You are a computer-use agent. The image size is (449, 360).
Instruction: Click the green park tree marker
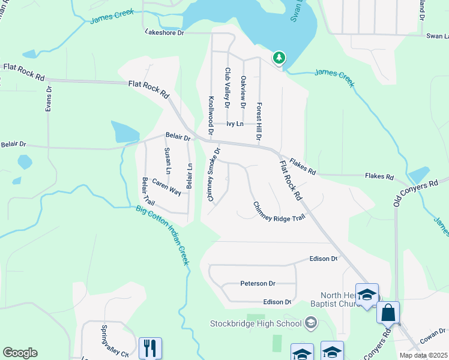click(x=279, y=58)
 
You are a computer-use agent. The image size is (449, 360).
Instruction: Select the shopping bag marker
click(x=388, y=313)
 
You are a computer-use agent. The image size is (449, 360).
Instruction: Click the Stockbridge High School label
click(x=255, y=324)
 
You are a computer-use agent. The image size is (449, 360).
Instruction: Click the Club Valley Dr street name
click(x=228, y=88)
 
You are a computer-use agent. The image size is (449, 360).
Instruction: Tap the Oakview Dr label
click(x=243, y=92)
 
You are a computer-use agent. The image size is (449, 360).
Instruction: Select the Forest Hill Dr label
click(x=259, y=121)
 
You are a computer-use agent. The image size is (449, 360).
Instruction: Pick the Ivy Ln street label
click(x=235, y=124)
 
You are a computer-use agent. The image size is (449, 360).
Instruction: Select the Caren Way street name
click(x=166, y=187)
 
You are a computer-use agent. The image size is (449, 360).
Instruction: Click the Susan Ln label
click(x=167, y=161)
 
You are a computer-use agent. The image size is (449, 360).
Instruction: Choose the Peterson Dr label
click(x=258, y=283)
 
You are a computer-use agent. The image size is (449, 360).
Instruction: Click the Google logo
click(x=20, y=353)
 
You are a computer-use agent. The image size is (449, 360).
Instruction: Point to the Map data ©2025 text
click(x=423, y=355)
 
